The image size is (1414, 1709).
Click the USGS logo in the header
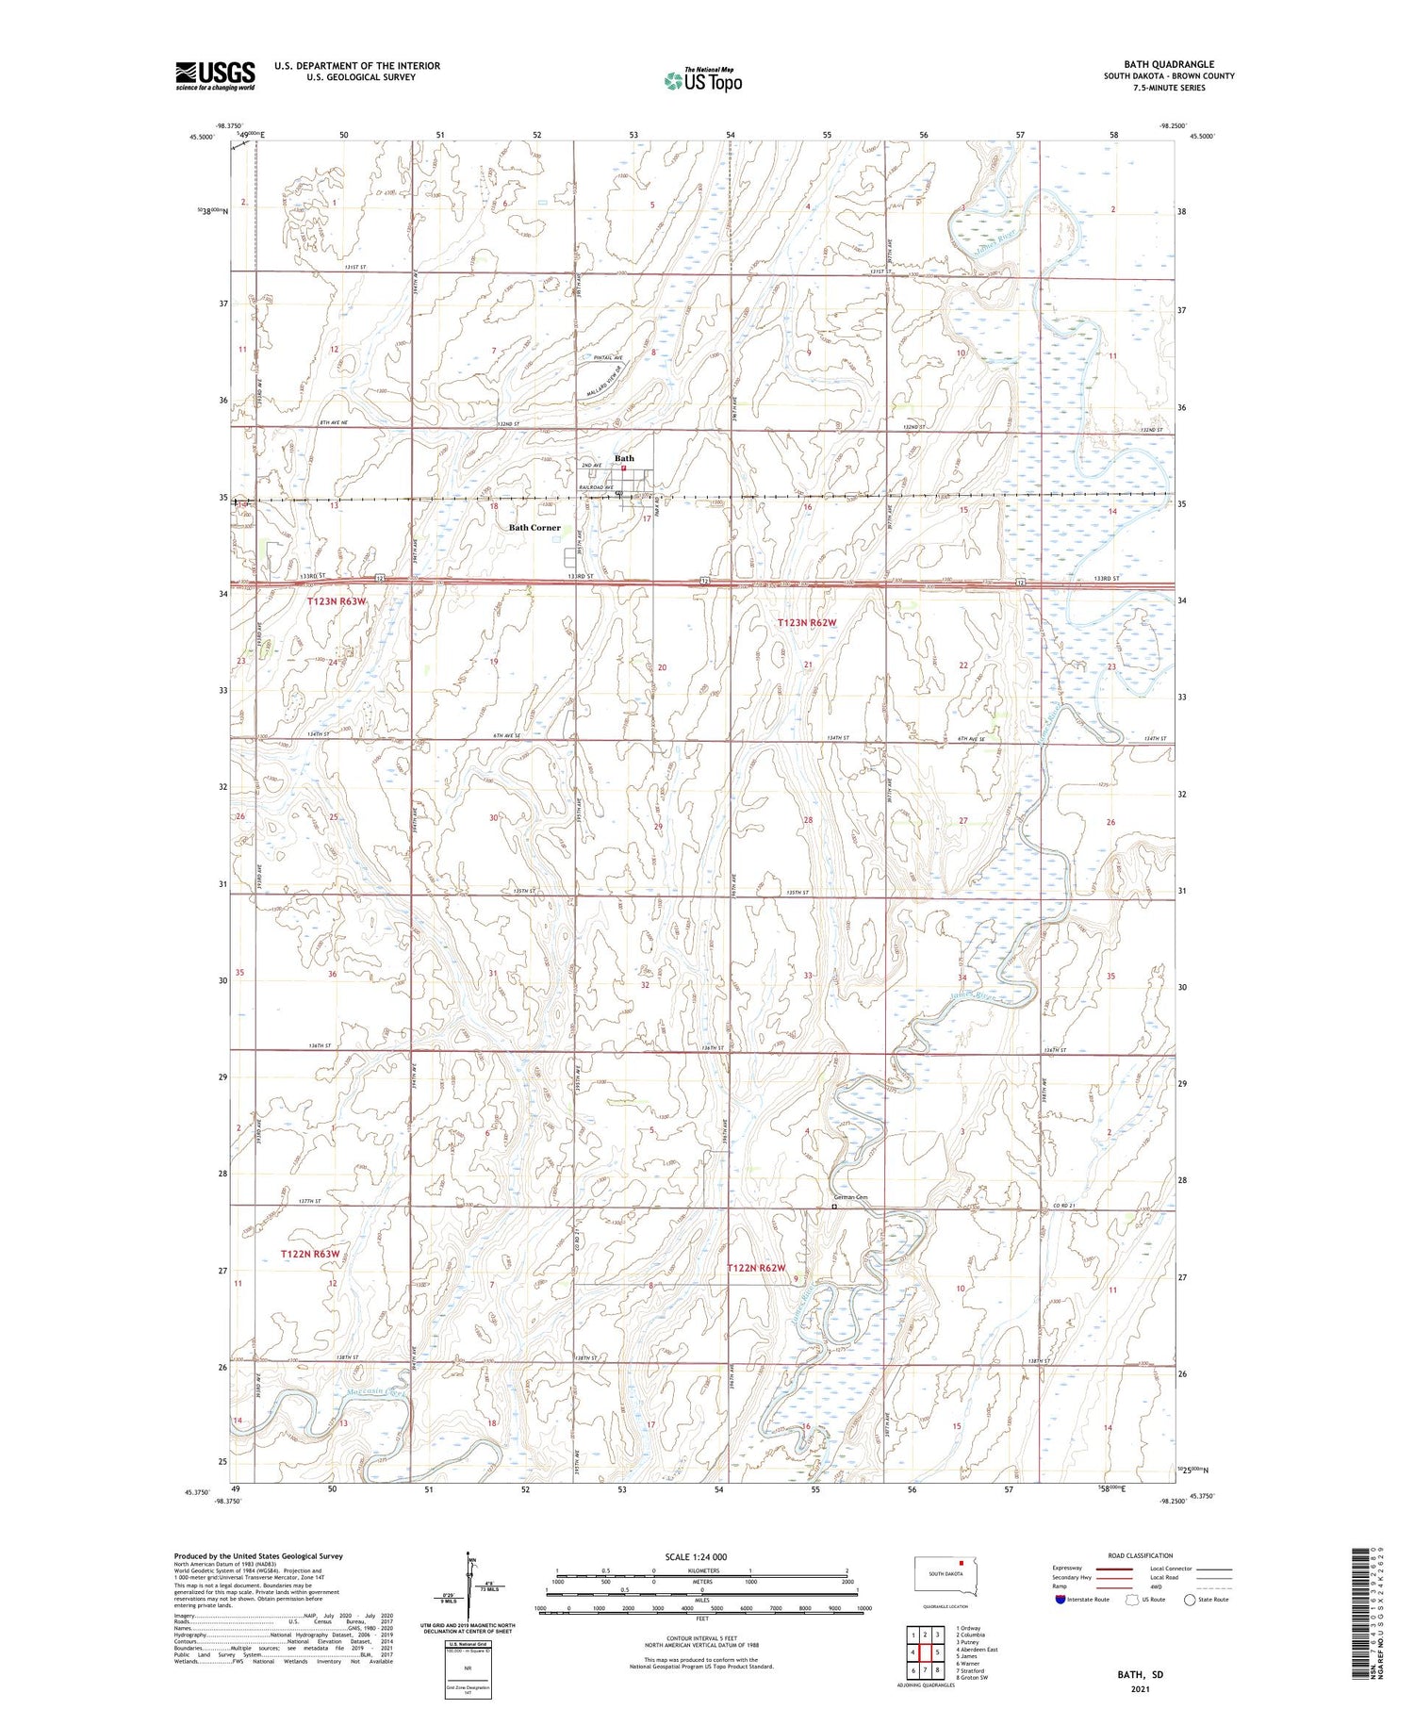[215, 75]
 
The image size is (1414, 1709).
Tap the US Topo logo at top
[703, 81]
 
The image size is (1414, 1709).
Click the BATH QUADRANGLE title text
[1168, 64]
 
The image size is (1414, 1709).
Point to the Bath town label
[624, 458]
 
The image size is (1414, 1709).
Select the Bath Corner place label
[534, 528]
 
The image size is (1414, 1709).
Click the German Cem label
[848, 1197]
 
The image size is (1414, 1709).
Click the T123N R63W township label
[336, 600]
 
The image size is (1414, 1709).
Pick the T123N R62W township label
[807, 622]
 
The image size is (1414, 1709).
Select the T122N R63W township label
[309, 1254]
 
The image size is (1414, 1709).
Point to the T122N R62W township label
[756, 1268]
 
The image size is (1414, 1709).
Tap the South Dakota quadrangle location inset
[946, 1576]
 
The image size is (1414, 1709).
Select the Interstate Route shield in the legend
[1060, 1600]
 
